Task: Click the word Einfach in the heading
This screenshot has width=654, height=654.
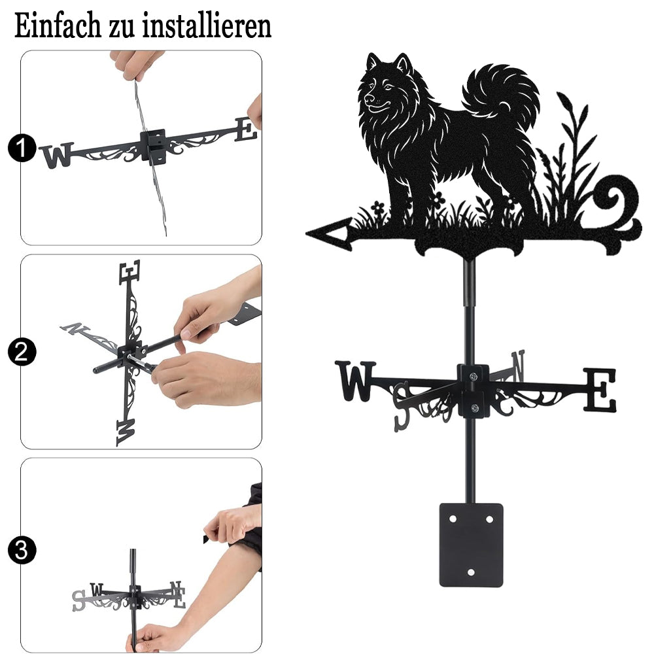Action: [x=58, y=26]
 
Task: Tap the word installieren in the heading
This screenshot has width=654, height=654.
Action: [x=207, y=26]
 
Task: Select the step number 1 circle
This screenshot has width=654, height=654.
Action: [x=22, y=148]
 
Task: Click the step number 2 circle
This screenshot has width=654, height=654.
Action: [x=22, y=352]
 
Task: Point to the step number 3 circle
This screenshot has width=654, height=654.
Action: [x=22, y=550]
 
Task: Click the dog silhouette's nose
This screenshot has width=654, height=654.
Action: [x=369, y=99]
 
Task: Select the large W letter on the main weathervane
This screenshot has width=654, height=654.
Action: [x=355, y=381]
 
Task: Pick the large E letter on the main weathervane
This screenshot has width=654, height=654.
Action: [x=600, y=390]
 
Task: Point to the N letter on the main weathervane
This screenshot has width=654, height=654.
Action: [x=517, y=365]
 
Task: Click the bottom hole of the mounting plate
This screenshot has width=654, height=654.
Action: [x=471, y=572]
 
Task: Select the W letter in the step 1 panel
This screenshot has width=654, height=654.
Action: [x=57, y=155]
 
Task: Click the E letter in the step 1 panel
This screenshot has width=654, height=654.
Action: [x=246, y=129]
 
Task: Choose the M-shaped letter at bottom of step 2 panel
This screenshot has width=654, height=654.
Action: [x=126, y=432]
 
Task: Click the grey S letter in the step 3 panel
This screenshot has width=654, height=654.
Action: [x=78, y=600]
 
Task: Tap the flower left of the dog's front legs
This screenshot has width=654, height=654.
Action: [x=377, y=207]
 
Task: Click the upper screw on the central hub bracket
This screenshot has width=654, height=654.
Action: [x=473, y=377]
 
